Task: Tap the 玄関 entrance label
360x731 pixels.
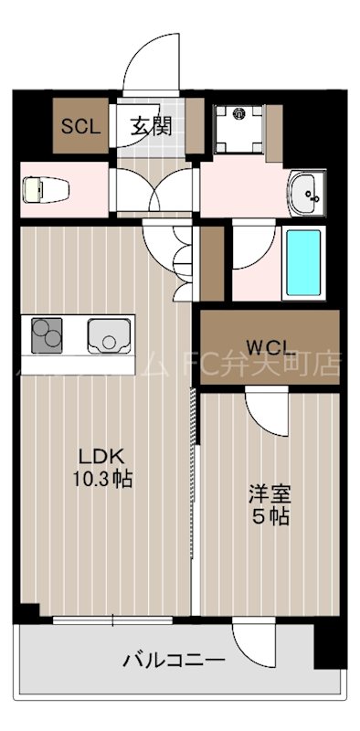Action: click(x=150, y=126)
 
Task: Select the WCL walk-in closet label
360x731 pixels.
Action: click(x=270, y=347)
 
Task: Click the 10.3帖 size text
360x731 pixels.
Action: click(x=102, y=478)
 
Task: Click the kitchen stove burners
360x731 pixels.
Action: click(x=47, y=335)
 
